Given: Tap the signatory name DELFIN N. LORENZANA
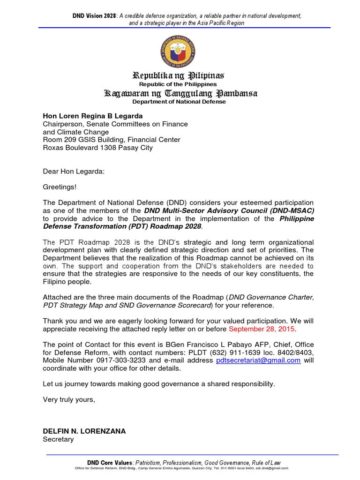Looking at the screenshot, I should [x=84, y=431].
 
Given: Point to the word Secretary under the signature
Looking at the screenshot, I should [x=58, y=439].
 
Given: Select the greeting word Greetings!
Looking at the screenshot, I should [x=60, y=187].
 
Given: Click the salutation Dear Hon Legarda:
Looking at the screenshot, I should [x=74, y=172].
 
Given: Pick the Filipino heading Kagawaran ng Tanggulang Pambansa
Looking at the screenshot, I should [x=180, y=93].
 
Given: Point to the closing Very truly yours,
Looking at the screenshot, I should [x=69, y=399].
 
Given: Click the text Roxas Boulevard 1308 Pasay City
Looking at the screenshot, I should [x=97, y=148].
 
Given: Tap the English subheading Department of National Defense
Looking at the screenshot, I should [x=179, y=102].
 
